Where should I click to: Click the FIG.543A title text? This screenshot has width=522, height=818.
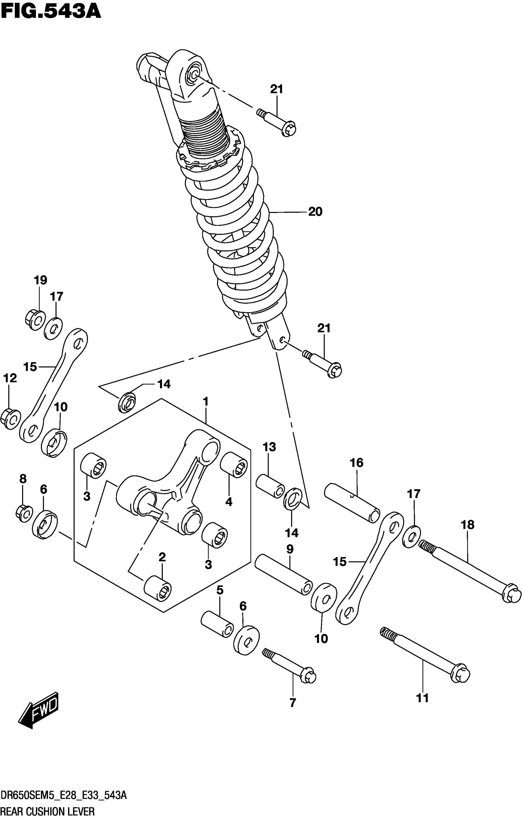click(51, 12)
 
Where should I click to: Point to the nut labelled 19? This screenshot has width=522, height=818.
click(35, 320)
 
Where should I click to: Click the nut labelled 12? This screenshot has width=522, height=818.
click(10, 419)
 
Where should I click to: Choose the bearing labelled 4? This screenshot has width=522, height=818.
click(234, 465)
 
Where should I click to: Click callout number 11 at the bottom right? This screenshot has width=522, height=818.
click(423, 698)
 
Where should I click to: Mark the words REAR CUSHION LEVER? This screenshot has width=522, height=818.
click(48, 812)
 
